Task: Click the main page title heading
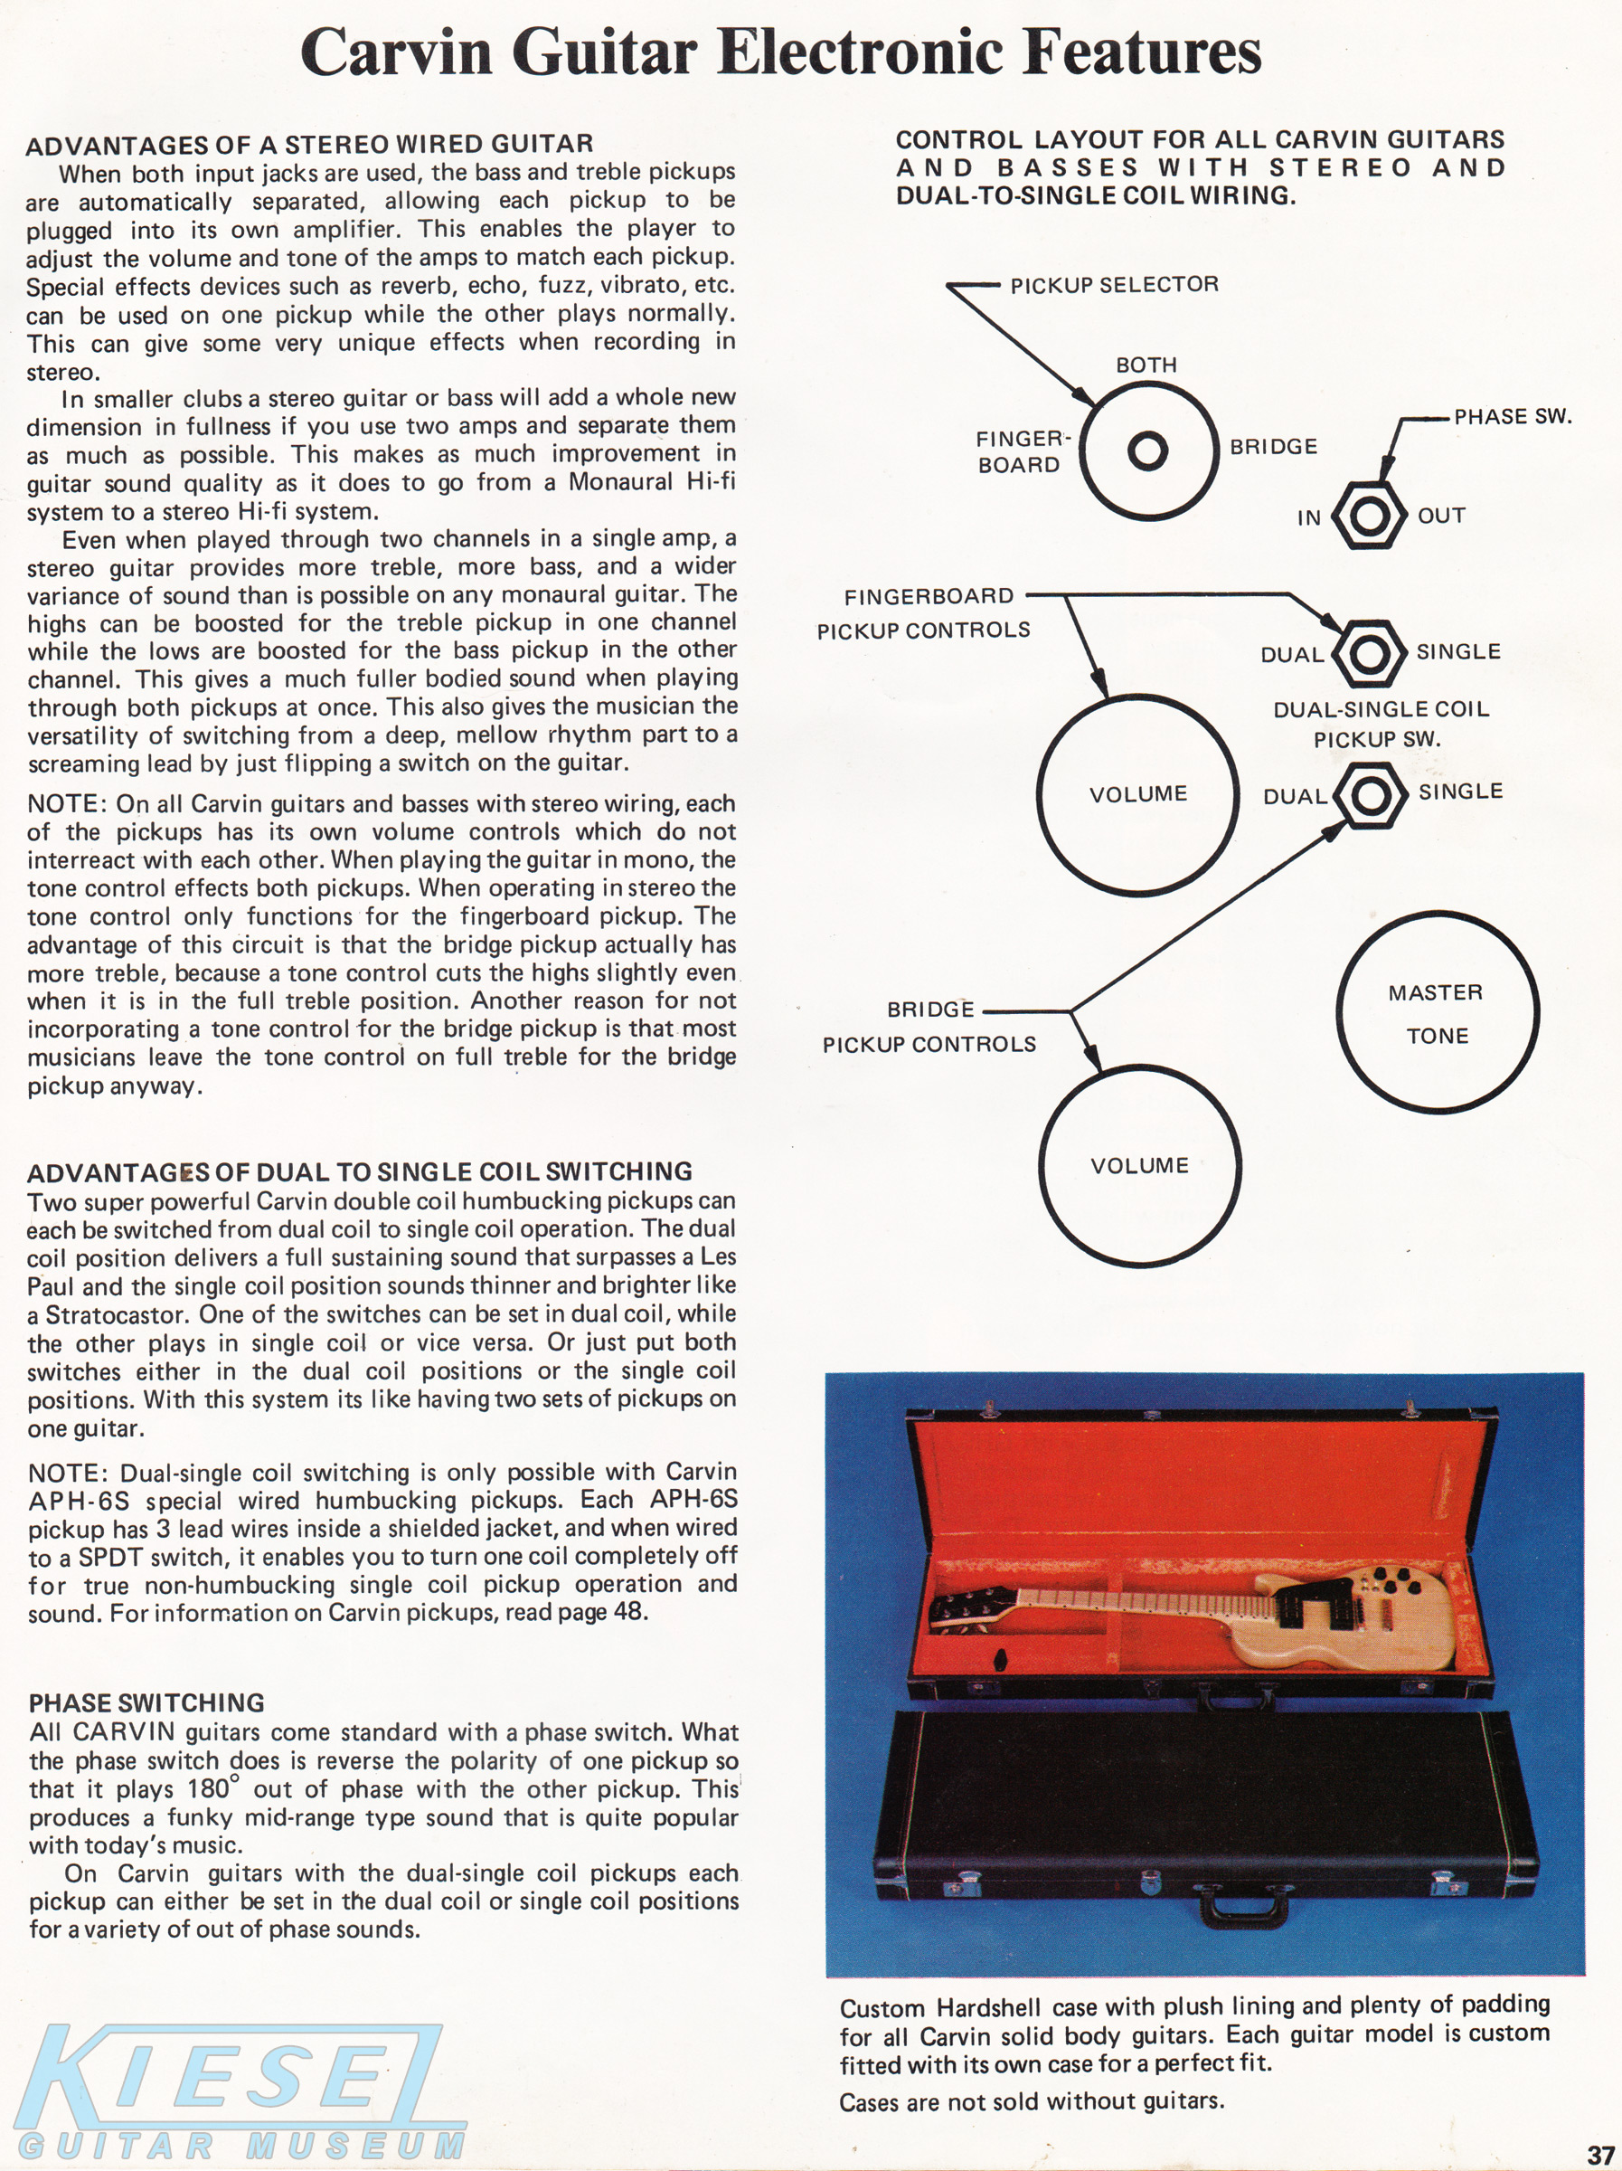pyautogui.click(x=781, y=53)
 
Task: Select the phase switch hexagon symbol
pyautogui.click(x=1366, y=516)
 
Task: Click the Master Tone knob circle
pyautogui.click(x=1438, y=1013)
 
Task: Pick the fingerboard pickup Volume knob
pyautogui.click(x=1138, y=794)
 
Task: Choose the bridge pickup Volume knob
pyautogui.click(x=1139, y=1166)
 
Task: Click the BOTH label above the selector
pyautogui.click(x=1146, y=365)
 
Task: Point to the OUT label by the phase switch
pyautogui.click(x=1441, y=516)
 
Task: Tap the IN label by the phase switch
pyautogui.click(x=1309, y=517)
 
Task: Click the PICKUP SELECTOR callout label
pyautogui.click(x=1115, y=285)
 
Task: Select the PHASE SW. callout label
pyautogui.click(x=1512, y=416)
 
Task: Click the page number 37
pyautogui.click(x=1601, y=2156)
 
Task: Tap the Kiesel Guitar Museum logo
pyautogui.click(x=235, y=2090)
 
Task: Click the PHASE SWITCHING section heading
pyautogui.click(x=146, y=1702)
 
